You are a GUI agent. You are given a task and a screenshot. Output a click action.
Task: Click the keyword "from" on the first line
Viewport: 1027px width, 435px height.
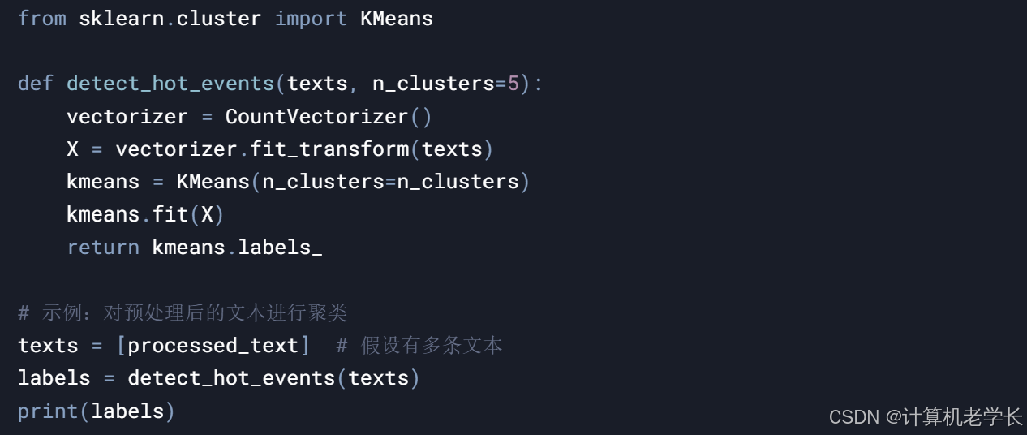(x=42, y=19)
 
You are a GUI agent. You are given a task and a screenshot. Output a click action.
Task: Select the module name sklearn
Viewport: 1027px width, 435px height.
(x=122, y=19)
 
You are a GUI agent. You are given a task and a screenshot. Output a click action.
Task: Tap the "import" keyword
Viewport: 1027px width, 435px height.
(x=311, y=19)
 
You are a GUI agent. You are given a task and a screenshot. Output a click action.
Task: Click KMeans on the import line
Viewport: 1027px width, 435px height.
(x=397, y=19)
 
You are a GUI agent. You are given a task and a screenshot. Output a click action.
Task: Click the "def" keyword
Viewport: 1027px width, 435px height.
(x=36, y=84)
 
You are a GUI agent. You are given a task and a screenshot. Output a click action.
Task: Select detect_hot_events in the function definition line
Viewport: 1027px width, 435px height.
(x=170, y=84)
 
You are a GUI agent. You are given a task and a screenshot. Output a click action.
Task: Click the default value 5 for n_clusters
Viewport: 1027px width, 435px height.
(x=513, y=84)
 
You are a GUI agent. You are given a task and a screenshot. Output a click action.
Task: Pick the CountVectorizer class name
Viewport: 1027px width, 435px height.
(x=316, y=117)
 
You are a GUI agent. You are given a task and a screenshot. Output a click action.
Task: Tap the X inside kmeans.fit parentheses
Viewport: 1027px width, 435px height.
(x=207, y=215)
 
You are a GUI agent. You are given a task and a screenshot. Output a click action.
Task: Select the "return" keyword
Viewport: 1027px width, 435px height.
(x=103, y=248)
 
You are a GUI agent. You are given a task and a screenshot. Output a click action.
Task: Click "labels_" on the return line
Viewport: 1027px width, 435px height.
(x=280, y=248)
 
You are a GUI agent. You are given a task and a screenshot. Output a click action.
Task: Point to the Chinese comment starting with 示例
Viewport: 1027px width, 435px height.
(x=183, y=312)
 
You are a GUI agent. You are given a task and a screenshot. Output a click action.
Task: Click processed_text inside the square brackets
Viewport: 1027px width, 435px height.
(x=213, y=346)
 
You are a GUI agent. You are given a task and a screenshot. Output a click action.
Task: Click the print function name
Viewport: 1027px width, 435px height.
(x=48, y=411)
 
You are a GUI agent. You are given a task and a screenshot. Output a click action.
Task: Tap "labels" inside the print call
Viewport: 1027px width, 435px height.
(x=127, y=411)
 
